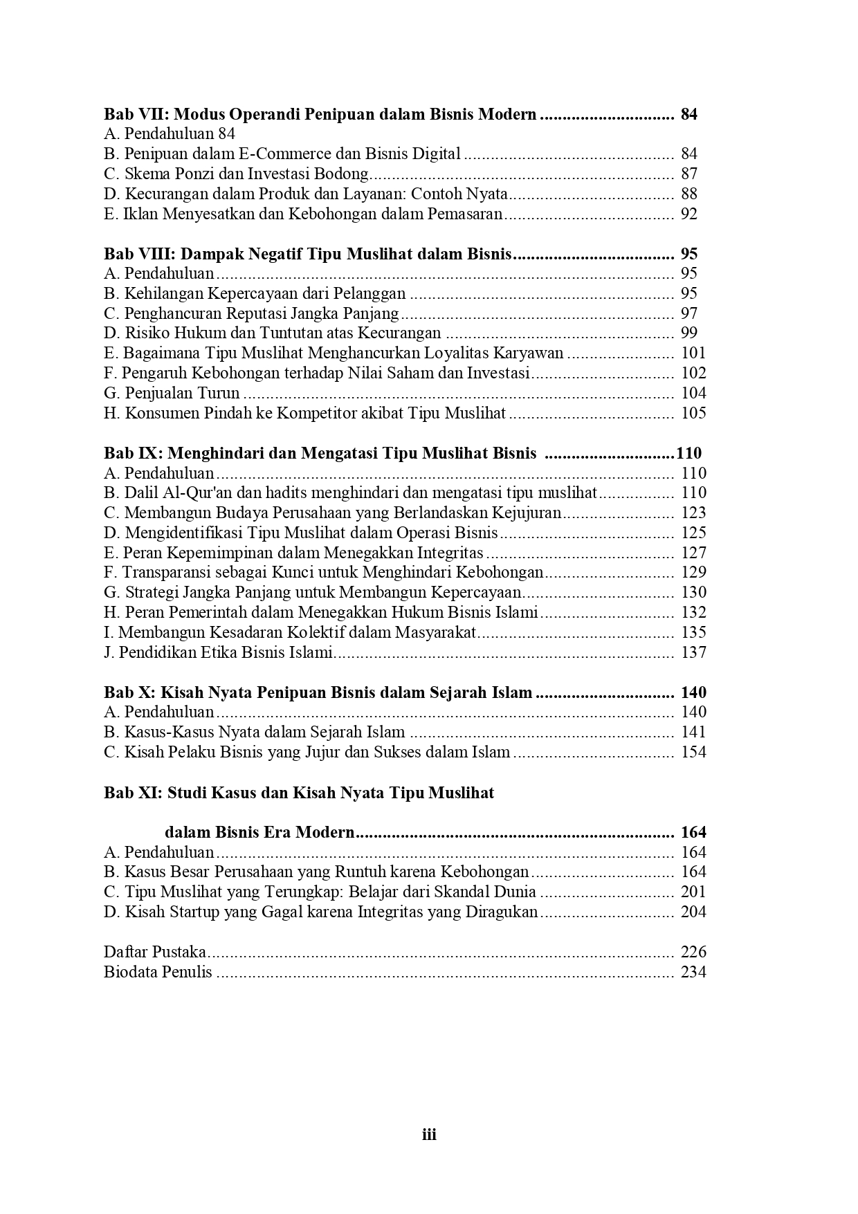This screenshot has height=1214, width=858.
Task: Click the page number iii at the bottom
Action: pyautogui.click(x=429, y=1134)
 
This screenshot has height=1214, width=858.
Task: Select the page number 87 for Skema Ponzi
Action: pyautogui.click(x=689, y=174)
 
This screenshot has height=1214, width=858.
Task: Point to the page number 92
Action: pyautogui.click(x=689, y=214)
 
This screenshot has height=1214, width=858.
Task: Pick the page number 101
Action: pyautogui.click(x=693, y=353)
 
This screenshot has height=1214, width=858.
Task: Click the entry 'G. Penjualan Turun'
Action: pyautogui.click(x=172, y=393)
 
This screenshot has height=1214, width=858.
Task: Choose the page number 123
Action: pyautogui.click(x=693, y=513)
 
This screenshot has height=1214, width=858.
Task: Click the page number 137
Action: pyautogui.click(x=693, y=652)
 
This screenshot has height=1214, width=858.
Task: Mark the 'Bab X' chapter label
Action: pyautogui.click(x=129, y=692)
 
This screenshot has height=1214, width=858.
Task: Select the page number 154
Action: pyautogui.click(x=693, y=752)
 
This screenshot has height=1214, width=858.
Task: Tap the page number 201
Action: pyautogui.click(x=693, y=892)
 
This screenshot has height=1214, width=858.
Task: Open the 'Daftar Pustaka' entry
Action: pyautogui.click(x=155, y=952)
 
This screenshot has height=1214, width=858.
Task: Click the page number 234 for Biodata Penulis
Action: pyautogui.click(x=693, y=972)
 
